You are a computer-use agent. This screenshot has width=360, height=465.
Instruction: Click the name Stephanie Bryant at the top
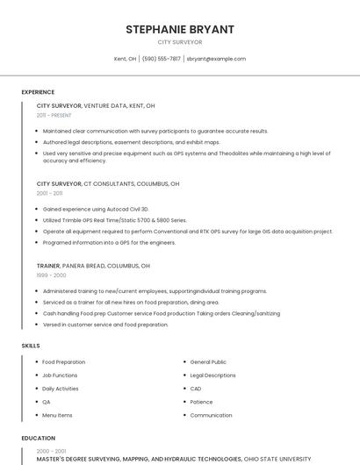click(180, 29)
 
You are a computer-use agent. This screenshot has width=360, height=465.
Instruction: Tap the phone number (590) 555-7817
click(161, 59)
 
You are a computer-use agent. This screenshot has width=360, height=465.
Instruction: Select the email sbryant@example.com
click(216, 59)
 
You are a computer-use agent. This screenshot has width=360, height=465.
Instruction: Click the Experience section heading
click(38, 92)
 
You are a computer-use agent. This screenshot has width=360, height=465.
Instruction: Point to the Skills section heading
click(31, 346)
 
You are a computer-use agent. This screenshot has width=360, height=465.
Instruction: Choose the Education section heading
click(38, 438)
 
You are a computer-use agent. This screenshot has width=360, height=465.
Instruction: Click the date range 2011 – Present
click(54, 115)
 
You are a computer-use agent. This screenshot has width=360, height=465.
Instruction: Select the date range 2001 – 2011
click(49, 193)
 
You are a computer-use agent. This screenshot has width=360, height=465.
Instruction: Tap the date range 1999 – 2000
click(51, 275)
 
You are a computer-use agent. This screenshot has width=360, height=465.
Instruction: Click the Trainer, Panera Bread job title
click(93, 265)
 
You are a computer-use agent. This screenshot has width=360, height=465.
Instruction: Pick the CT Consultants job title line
click(108, 184)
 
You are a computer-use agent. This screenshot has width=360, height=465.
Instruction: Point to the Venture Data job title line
click(96, 105)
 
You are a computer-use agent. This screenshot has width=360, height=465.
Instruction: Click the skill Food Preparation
click(64, 361)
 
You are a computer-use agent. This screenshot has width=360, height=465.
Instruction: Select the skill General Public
click(208, 361)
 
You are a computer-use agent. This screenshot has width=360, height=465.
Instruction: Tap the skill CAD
click(196, 389)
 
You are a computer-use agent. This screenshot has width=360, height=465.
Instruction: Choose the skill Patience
click(202, 402)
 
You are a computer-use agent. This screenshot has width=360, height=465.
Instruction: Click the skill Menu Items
click(57, 415)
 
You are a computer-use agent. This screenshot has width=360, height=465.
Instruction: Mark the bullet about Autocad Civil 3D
click(96, 209)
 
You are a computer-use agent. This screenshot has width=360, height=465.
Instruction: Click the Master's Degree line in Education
click(174, 459)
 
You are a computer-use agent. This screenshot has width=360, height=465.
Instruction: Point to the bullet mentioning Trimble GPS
click(114, 220)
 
